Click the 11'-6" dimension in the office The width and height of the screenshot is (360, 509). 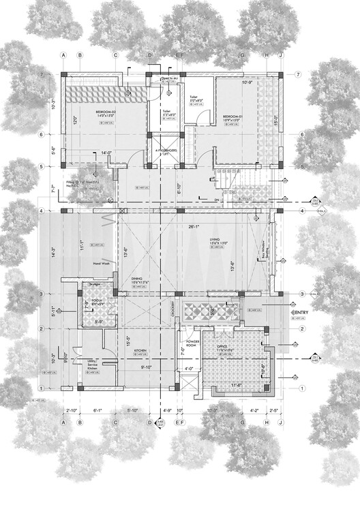coord(236,385)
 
